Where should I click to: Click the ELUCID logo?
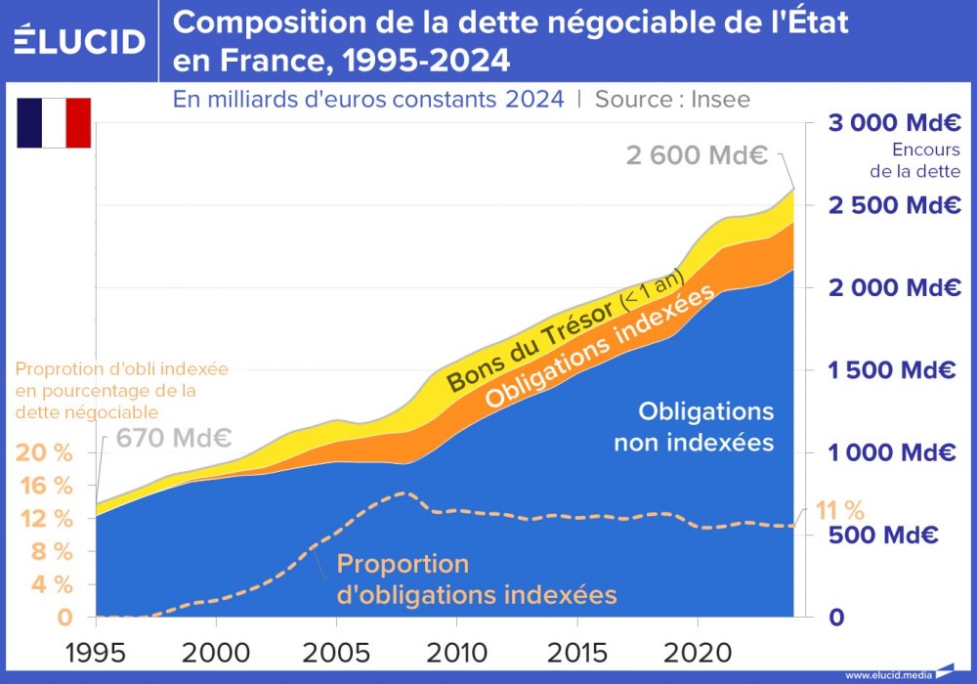pos(80,41)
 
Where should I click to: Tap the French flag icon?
pos(54,123)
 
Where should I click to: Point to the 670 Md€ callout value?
pos(174,437)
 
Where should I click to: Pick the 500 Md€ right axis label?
pos(883,534)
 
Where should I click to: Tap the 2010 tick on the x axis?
pos(457,652)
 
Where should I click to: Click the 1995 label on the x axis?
pos(96,652)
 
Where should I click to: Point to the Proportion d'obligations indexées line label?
pos(476,578)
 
